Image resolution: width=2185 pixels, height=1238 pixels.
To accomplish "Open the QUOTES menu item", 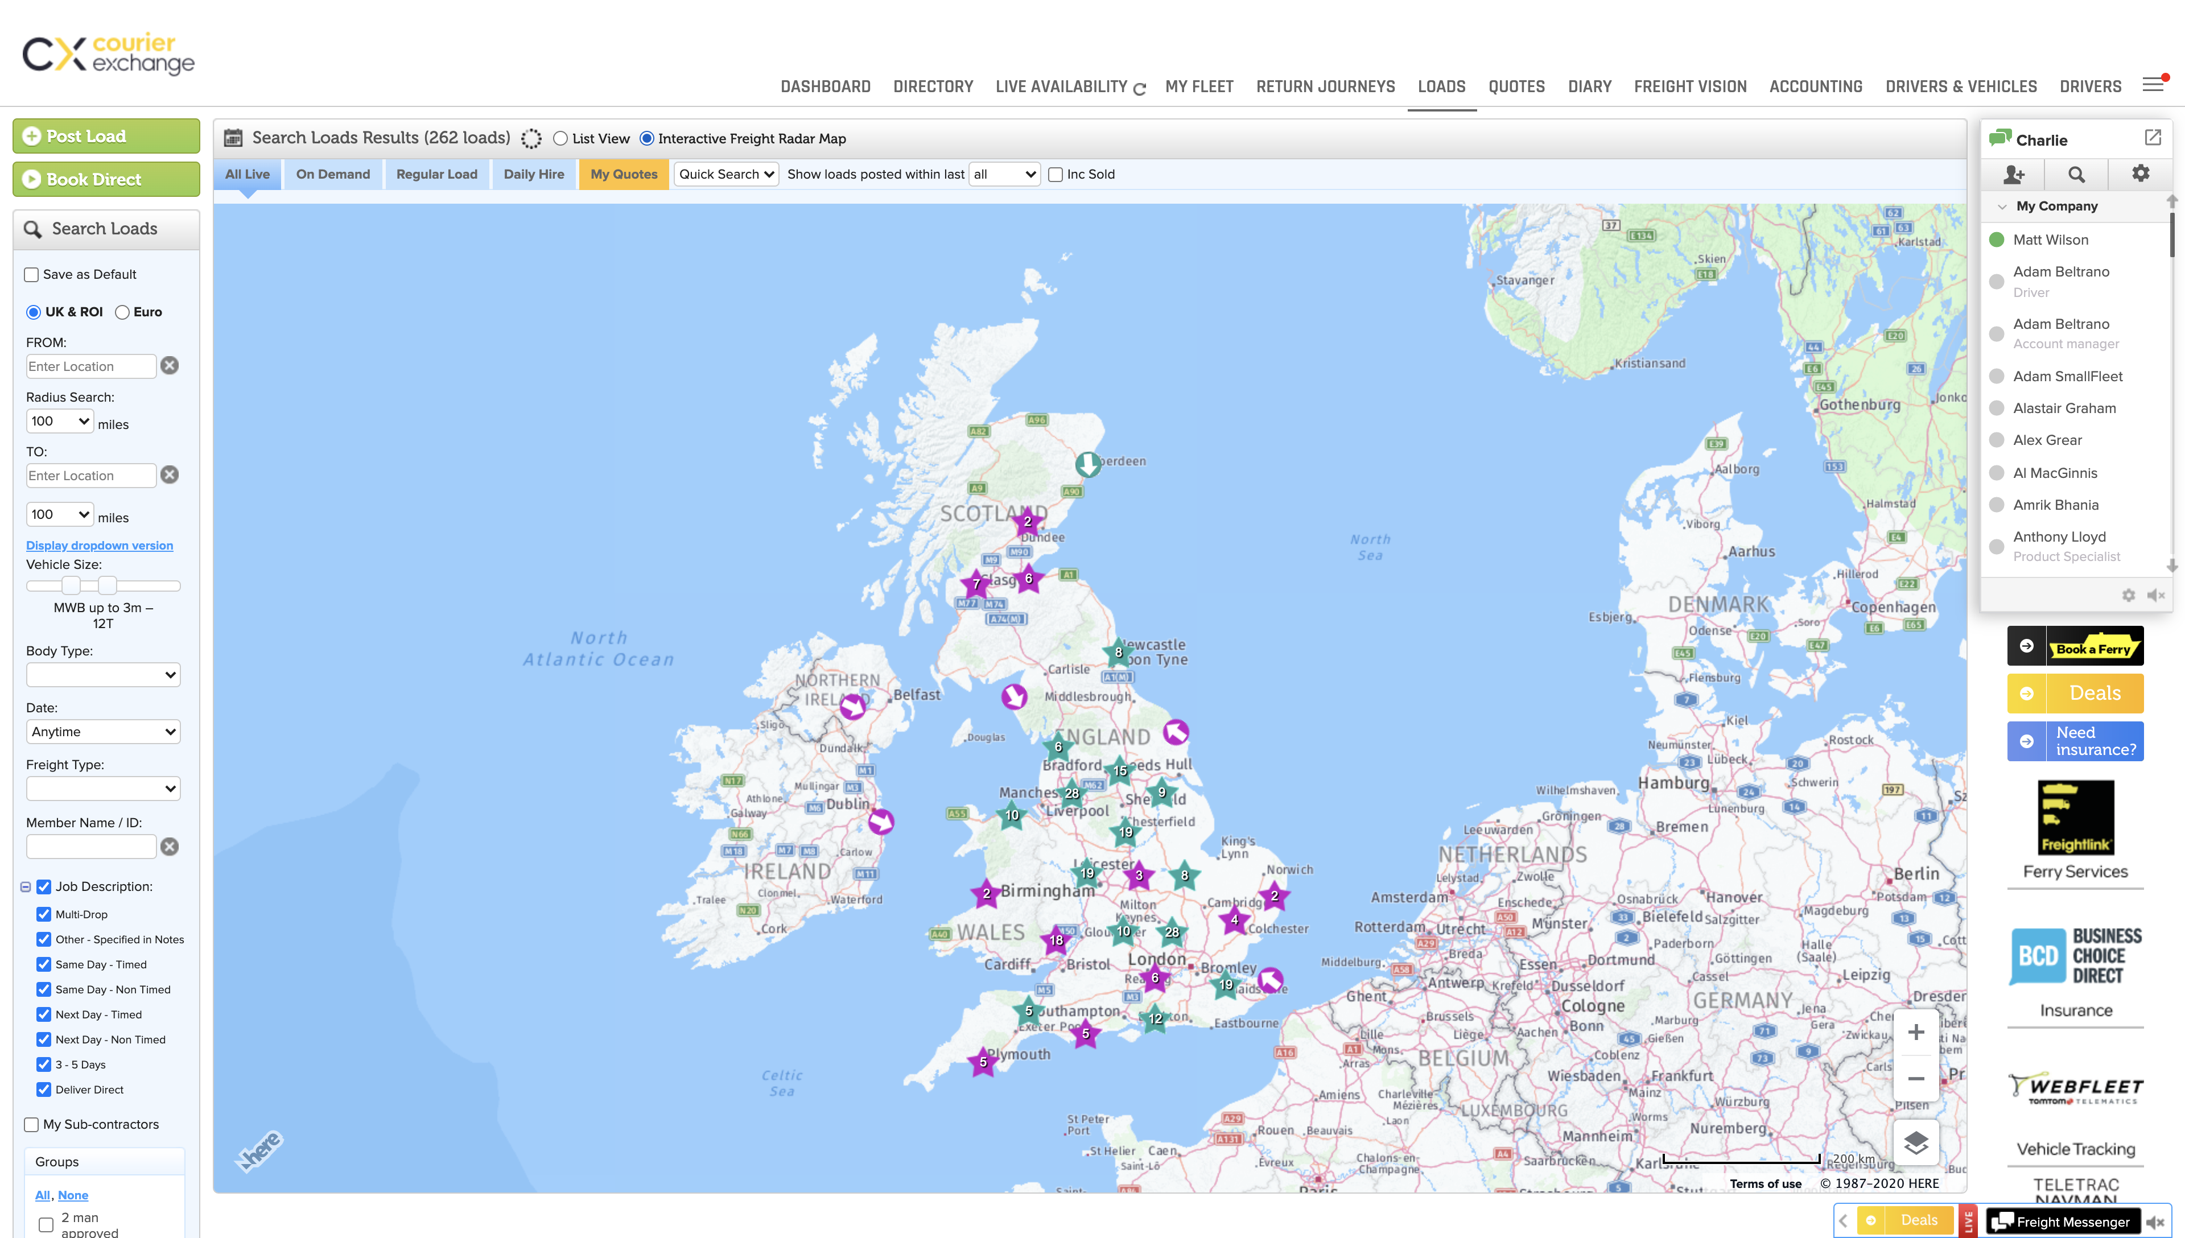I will tap(1516, 86).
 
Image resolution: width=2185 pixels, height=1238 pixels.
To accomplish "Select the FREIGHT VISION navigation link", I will tap(1689, 86).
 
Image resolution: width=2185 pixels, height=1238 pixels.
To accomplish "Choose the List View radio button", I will tap(560, 139).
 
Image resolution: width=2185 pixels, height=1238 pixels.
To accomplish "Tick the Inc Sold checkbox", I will tap(1055, 174).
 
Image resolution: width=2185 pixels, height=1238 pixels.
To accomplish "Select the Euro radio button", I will tap(122, 312).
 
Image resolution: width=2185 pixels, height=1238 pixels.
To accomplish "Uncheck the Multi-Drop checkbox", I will tap(43, 914).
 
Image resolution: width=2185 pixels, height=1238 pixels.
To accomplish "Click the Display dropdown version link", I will tap(100, 546).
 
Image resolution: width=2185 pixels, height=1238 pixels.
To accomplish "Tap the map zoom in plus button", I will tap(1915, 1032).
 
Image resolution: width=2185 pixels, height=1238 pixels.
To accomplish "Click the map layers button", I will tap(1915, 1142).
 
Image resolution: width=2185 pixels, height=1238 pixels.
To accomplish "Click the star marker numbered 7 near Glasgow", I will tap(976, 584).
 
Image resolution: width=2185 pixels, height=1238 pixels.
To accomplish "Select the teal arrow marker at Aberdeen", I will tap(1087, 464).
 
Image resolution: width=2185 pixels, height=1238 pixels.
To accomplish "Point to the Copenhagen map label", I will tap(1893, 607).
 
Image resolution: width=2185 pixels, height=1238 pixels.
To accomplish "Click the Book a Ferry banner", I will tap(2075, 646).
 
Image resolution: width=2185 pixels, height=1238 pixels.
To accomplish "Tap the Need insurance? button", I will tap(2075, 741).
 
